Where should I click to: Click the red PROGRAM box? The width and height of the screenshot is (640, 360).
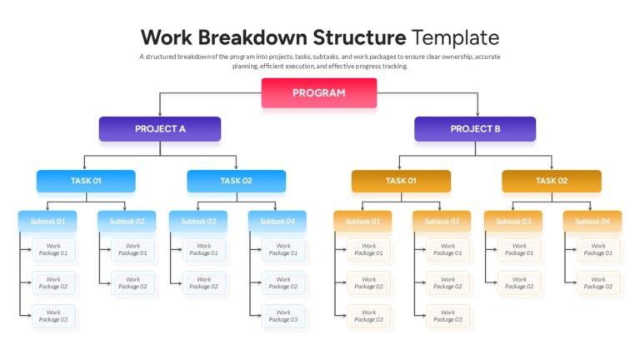pos(319,92)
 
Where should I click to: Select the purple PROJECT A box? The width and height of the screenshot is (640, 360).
pos(160,128)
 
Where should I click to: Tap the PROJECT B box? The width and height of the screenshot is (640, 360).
pos(475,128)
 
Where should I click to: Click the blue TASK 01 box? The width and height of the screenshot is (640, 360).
pos(86,181)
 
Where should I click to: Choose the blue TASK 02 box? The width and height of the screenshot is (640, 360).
pos(236,181)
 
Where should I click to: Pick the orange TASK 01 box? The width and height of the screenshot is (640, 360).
pos(401,181)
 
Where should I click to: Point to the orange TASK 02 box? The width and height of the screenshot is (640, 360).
pos(551,181)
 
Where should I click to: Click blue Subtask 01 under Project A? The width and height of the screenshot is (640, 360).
pos(47,221)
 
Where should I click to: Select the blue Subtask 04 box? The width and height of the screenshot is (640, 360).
pos(277,221)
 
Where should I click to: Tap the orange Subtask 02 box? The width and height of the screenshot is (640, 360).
pos(441,221)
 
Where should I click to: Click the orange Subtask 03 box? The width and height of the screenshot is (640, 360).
pos(512,221)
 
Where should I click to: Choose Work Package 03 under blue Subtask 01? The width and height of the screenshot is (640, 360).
pos(54,316)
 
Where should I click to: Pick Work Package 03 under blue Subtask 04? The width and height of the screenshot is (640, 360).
pos(283,316)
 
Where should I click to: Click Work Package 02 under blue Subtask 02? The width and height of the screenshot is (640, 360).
pos(133,282)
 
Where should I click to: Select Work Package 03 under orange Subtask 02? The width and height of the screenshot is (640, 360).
pos(448,316)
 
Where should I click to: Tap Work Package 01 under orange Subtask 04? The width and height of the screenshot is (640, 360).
pos(598,249)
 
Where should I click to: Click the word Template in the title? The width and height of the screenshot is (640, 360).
pos(455,37)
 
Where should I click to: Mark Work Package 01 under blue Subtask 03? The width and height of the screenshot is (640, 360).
pos(204,249)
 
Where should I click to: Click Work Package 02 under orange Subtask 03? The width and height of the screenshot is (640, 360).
pos(519,282)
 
